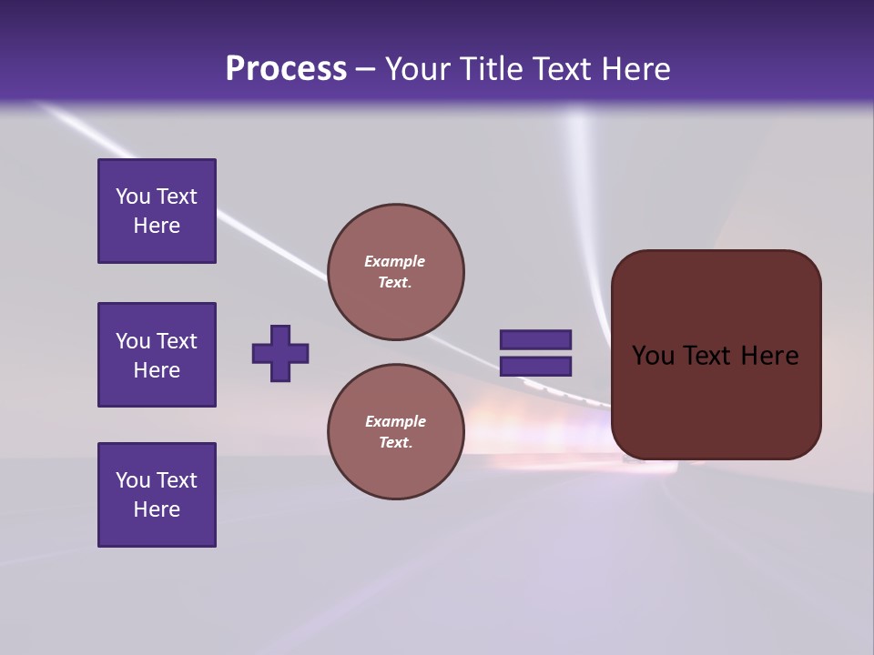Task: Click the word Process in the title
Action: (x=286, y=69)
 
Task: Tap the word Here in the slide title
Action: (x=633, y=69)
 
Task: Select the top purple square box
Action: (x=157, y=211)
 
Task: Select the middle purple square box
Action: (x=157, y=355)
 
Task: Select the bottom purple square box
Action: (x=157, y=495)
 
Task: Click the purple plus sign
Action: (x=280, y=353)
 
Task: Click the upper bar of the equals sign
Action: (x=535, y=339)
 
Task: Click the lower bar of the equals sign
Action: (x=535, y=367)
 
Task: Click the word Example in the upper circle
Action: (x=395, y=261)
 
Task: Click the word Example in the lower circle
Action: (x=395, y=421)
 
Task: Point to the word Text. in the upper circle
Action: (x=395, y=282)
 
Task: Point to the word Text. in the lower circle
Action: (x=395, y=442)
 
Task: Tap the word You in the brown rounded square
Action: (x=653, y=356)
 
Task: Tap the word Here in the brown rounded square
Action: (x=769, y=356)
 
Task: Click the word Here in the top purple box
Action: (x=157, y=226)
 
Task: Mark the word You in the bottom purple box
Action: (x=132, y=480)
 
